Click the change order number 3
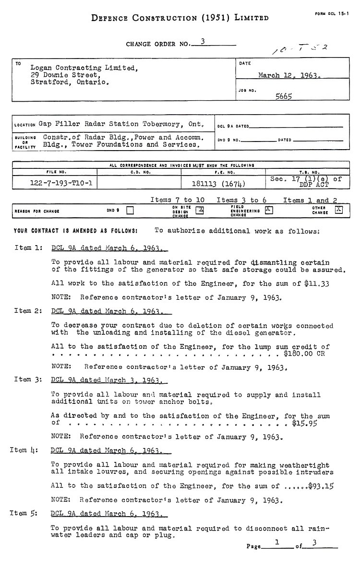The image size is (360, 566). point(203,42)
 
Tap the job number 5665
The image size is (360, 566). point(284,96)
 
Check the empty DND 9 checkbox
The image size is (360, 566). point(130,210)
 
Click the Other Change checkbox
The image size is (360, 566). point(338,210)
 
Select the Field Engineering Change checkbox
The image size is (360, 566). point(269,210)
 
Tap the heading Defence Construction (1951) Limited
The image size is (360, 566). point(180,18)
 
